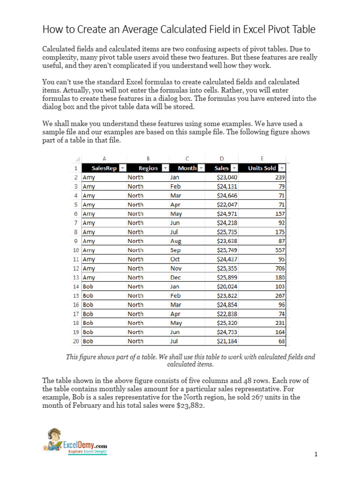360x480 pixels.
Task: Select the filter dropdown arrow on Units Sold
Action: coord(281,168)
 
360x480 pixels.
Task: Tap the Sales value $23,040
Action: coord(227,178)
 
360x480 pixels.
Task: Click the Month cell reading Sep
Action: coord(175,250)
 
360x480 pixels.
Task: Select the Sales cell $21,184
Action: coord(227,341)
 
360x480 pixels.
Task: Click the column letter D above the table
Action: coord(222,158)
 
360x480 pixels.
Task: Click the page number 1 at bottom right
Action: coord(316,454)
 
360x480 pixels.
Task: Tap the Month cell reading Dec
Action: coord(175,277)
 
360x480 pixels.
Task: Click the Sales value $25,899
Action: coord(227,277)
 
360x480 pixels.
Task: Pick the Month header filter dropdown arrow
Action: coord(201,168)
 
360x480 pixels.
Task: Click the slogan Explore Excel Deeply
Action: coord(88,451)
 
